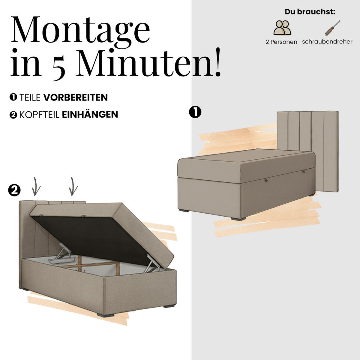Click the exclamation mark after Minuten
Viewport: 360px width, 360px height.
pyautogui.click(x=217, y=62)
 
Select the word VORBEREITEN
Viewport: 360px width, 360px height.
pyautogui.click(x=76, y=97)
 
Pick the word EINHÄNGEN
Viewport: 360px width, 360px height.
pyautogui.click(x=90, y=114)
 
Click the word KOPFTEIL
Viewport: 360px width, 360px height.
pyautogui.click(x=39, y=115)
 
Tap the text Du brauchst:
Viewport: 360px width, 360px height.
pyautogui.click(x=310, y=12)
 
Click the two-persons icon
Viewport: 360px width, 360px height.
pyautogui.click(x=282, y=28)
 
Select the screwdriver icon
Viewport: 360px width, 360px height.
pyautogui.click(x=332, y=28)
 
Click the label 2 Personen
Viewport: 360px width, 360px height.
pyautogui.click(x=281, y=42)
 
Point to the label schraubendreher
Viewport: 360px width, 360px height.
pyautogui.click(x=327, y=42)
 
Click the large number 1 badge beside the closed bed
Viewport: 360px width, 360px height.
pyautogui.click(x=195, y=112)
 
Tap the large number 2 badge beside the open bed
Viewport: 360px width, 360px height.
pyautogui.click(x=14, y=190)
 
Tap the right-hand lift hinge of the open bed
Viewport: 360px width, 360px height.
pyautogui.click(x=153, y=263)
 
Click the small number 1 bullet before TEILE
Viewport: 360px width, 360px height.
pyautogui.click(x=13, y=97)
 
